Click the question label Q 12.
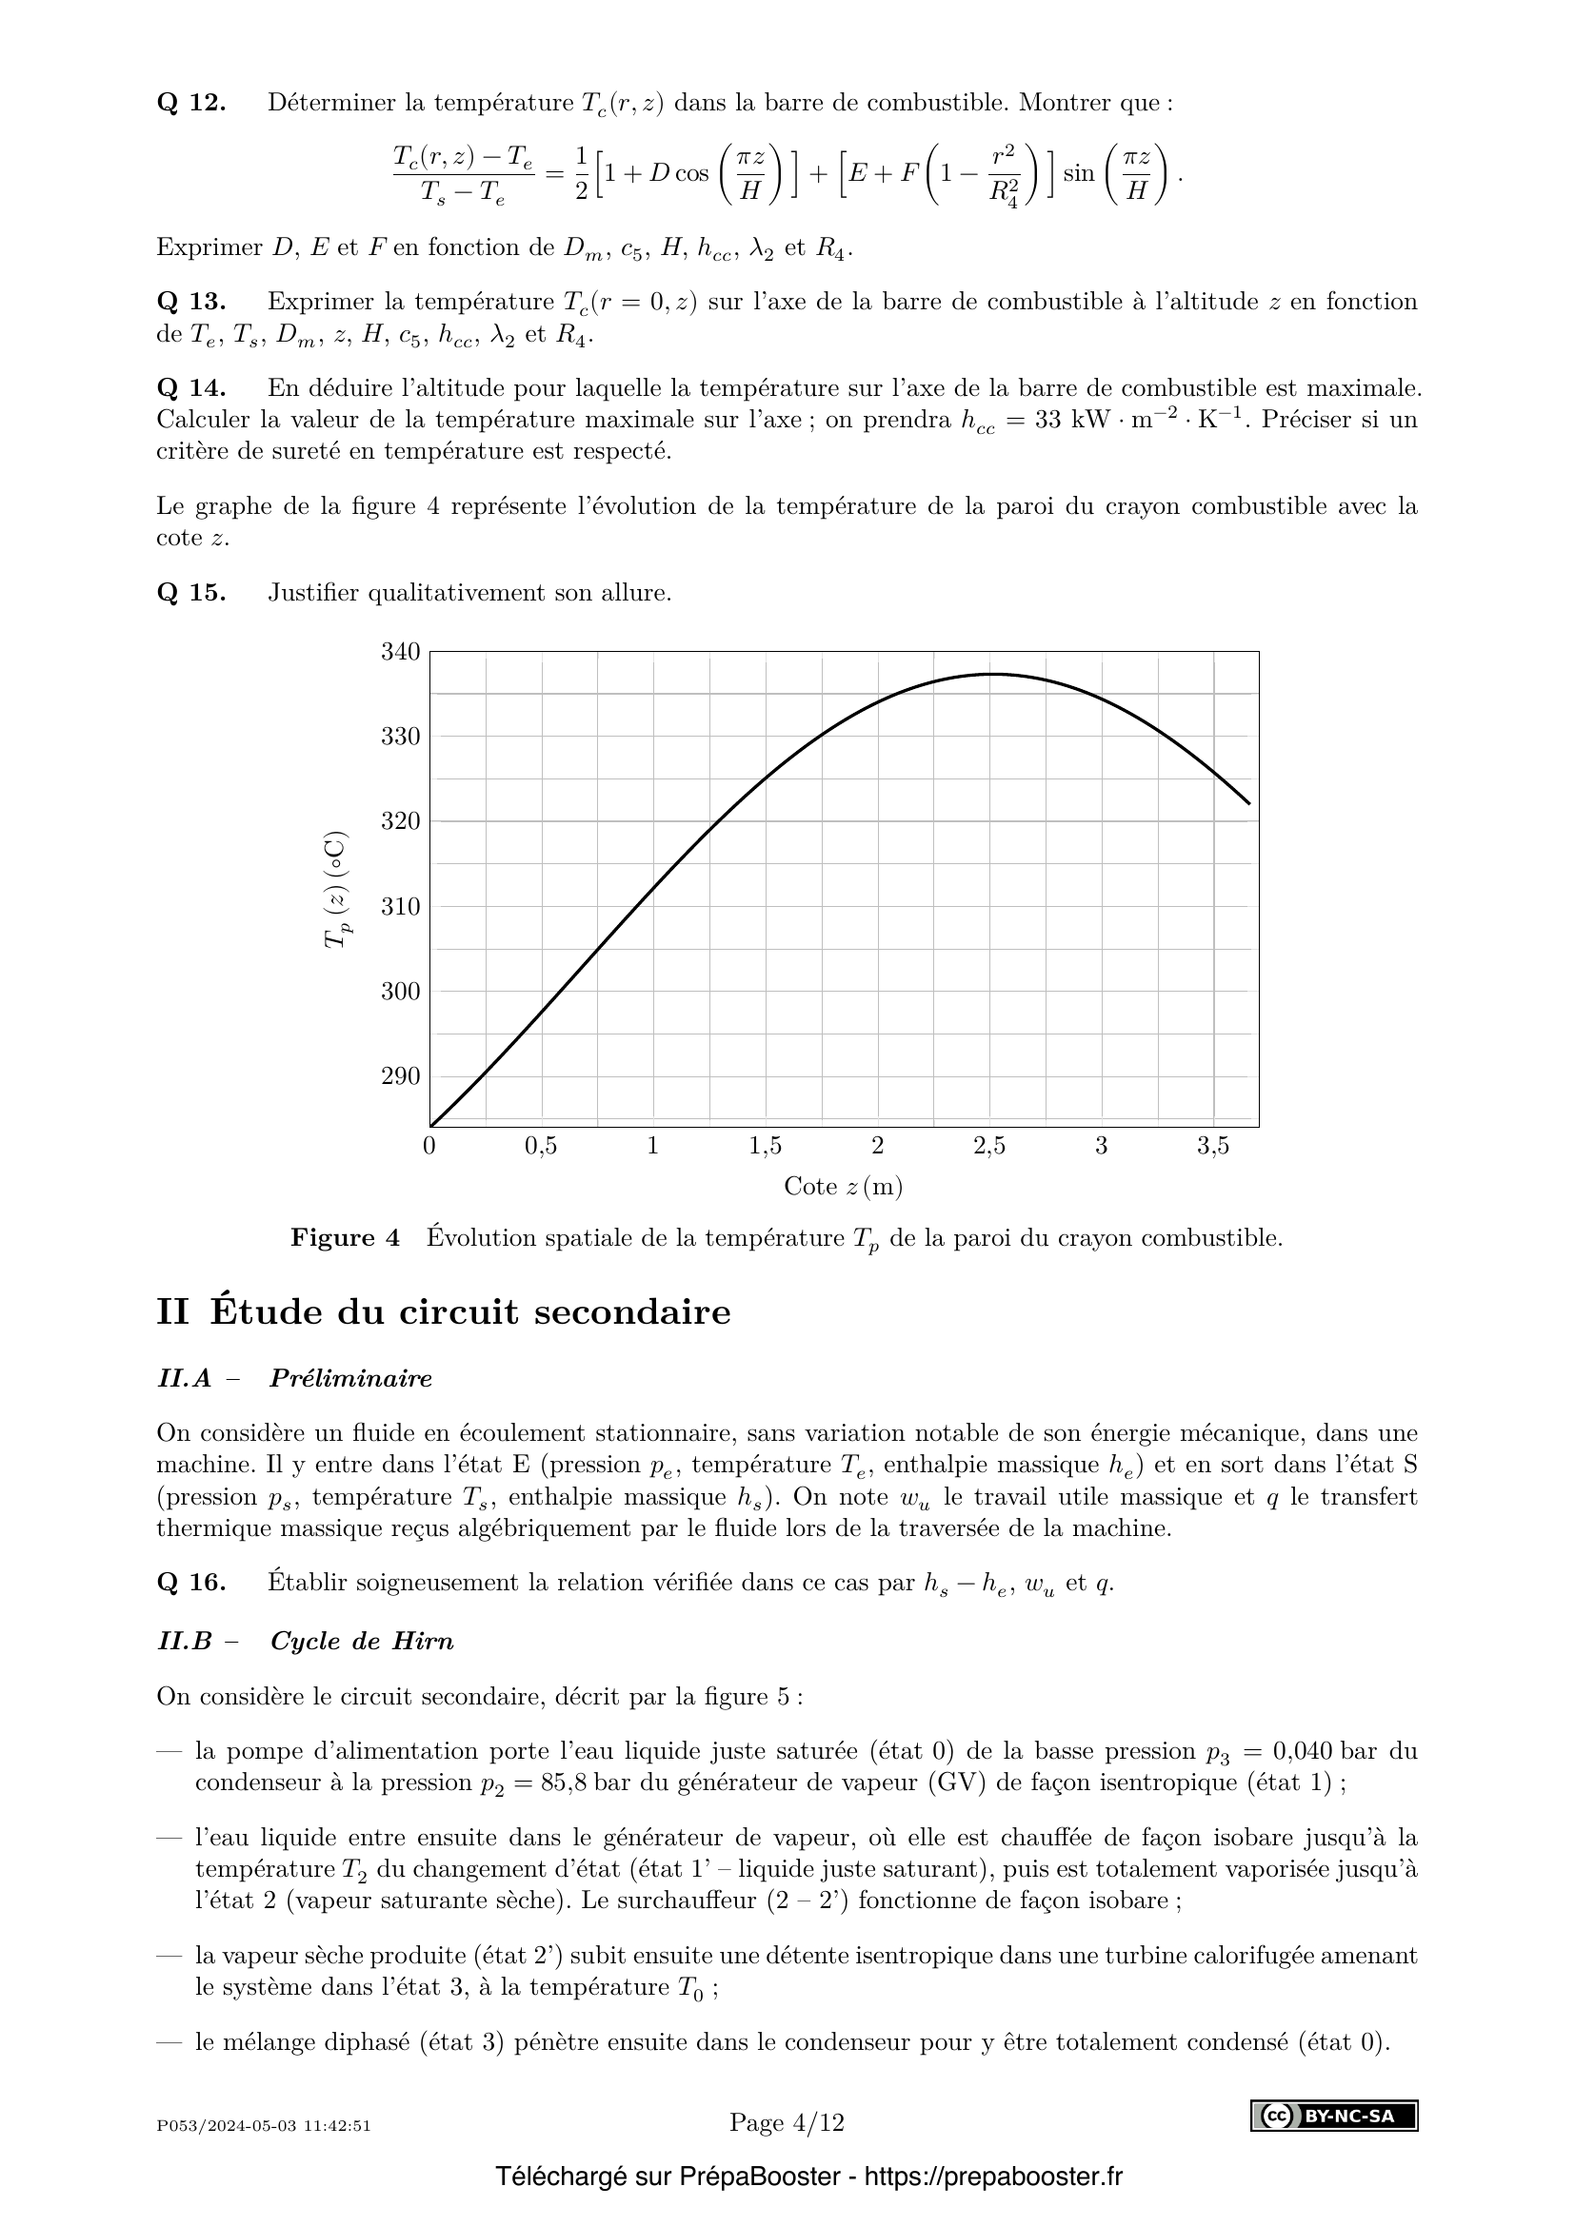191,103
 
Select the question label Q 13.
191,302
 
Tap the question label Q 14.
191,389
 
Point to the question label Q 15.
191,592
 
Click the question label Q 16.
191,1583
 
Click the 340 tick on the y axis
401,652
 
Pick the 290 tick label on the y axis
401,1076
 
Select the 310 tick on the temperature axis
401,907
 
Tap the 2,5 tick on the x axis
989,1146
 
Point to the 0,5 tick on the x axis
541,1146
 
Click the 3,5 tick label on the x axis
1213,1146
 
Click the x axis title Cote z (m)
843,1186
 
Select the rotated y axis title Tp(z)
336,890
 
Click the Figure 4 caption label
346,1238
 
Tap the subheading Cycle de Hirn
362,1641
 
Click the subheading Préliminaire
351,1378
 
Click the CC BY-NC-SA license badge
1333,2116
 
